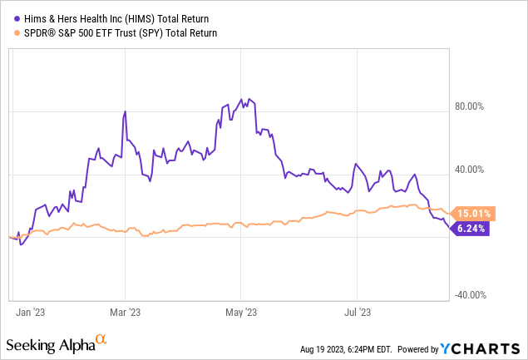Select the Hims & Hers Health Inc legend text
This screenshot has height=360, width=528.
[117, 17]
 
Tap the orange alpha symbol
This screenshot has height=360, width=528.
[101, 339]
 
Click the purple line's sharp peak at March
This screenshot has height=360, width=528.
[125, 111]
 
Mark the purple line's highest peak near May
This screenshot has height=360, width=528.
[240, 98]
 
